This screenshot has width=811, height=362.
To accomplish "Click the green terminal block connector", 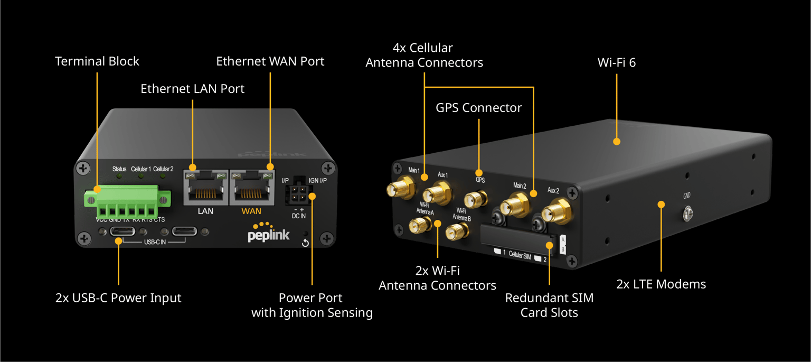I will click(x=127, y=200).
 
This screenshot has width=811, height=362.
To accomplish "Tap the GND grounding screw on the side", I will click(x=687, y=214).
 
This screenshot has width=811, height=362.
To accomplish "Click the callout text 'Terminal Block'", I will click(x=97, y=61).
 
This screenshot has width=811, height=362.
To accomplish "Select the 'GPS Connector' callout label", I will click(x=478, y=108).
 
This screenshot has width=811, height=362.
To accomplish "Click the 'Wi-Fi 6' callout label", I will click(x=616, y=63).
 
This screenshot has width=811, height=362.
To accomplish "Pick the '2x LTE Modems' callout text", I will click(x=661, y=284).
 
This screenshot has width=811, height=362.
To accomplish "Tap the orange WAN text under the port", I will click(x=251, y=211).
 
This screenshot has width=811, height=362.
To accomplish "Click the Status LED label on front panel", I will click(x=119, y=169).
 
